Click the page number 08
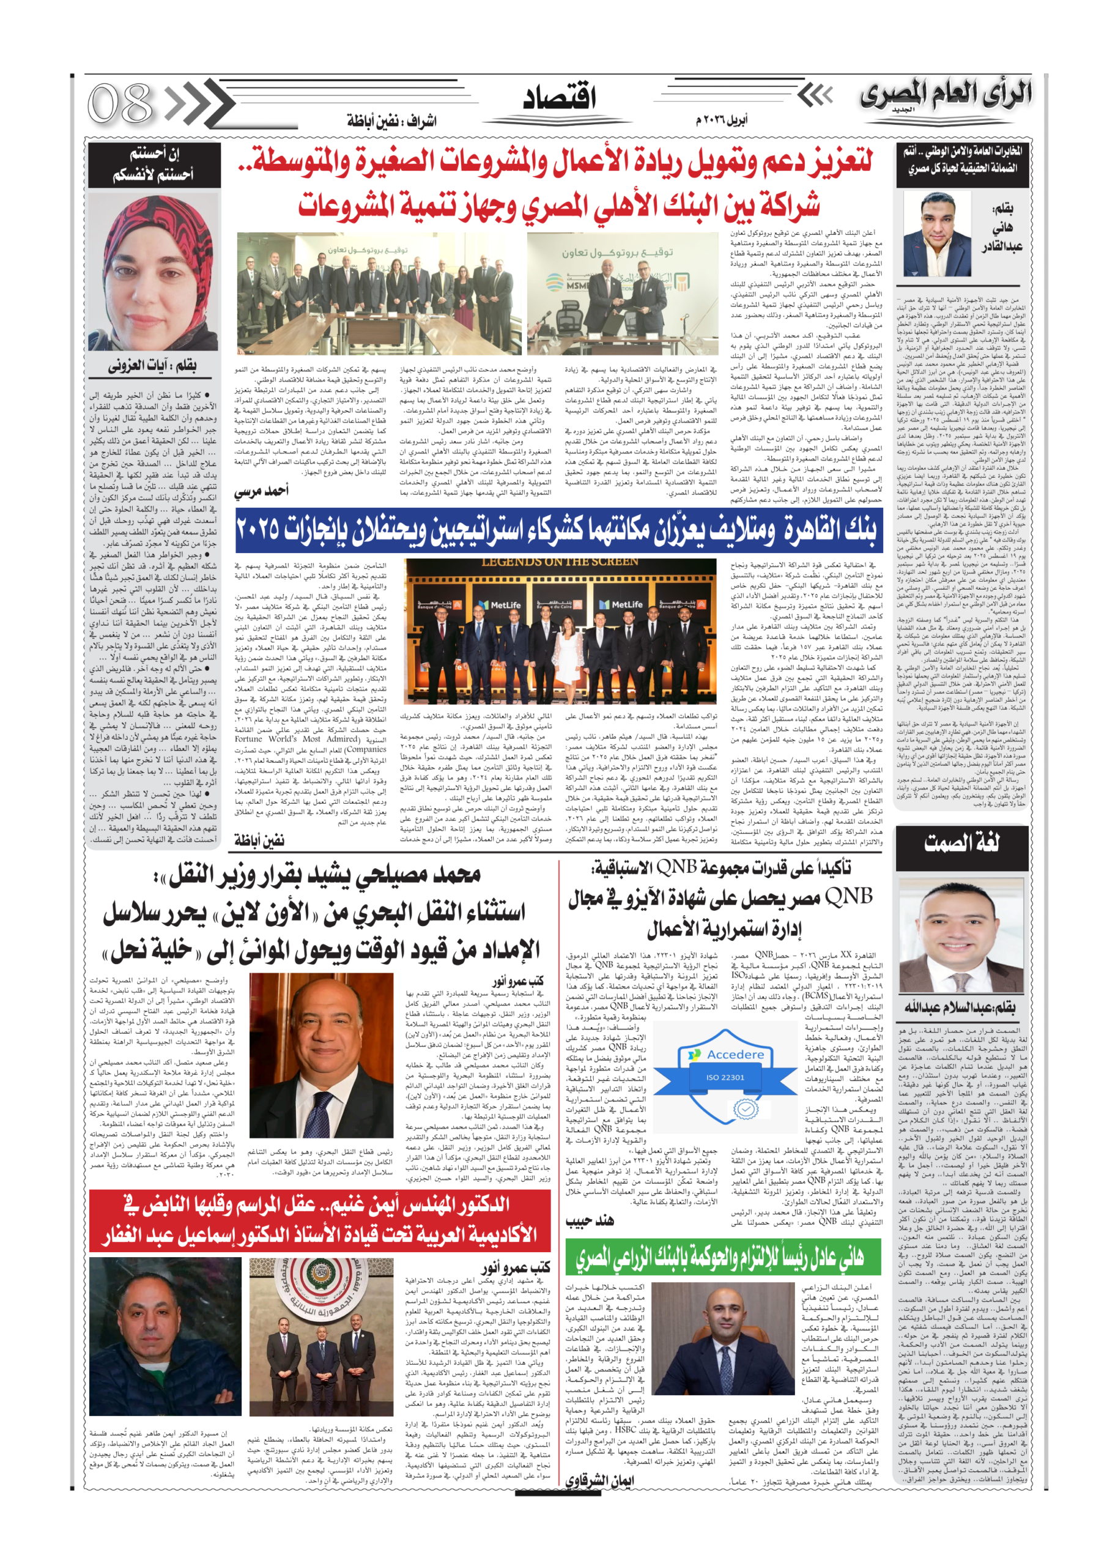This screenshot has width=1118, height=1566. tap(120, 103)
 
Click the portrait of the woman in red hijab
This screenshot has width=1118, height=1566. tap(153, 273)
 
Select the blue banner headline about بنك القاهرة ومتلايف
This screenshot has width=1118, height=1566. tap(558, 529)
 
